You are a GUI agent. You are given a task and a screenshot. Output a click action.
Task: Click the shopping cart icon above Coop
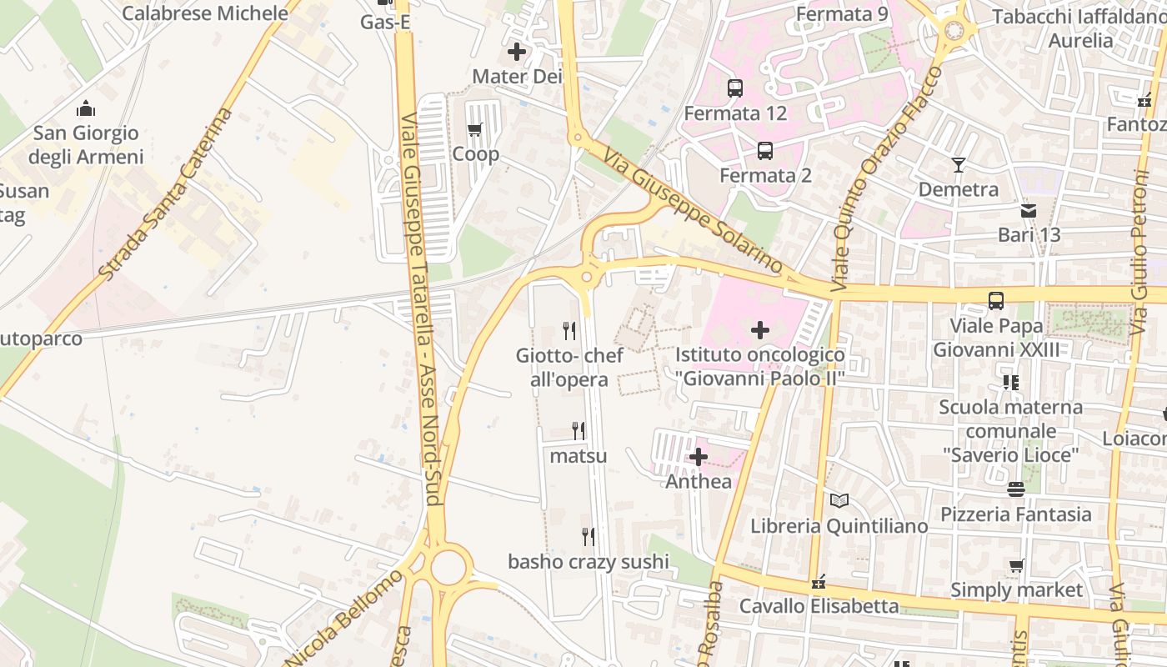[475, 129]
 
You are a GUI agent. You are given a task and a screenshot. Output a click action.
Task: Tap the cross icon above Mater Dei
[517, 52]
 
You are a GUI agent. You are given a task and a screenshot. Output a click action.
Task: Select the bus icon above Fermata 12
[735, 88]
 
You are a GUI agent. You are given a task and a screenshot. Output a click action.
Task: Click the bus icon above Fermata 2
[765, 151]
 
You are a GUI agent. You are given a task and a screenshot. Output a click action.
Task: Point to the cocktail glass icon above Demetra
[959, 164]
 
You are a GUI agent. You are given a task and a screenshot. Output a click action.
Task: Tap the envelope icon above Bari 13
[1029, 210]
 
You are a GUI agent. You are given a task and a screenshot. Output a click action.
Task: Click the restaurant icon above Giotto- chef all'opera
[569, 331]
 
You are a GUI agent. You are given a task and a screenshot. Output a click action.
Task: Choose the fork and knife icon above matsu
[578, 431]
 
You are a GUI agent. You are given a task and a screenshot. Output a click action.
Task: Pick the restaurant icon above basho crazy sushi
[589, 537]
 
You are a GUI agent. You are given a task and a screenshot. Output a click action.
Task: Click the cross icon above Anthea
[699, 457]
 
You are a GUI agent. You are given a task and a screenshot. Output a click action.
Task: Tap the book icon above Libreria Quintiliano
[839, 501]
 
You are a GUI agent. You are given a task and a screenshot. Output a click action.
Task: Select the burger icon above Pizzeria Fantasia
[1015, 489]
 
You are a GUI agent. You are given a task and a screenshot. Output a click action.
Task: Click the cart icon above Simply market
[1017, 565]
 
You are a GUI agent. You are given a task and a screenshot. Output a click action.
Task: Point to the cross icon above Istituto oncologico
[760, 330]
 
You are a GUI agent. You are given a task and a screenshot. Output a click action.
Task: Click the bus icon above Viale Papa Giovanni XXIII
[996, 300]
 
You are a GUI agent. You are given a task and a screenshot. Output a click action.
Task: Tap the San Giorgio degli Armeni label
[86, 144]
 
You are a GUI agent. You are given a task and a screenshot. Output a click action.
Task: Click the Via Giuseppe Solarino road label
[694, 212]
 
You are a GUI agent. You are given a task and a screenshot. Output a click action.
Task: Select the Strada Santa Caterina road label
[164, 193]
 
